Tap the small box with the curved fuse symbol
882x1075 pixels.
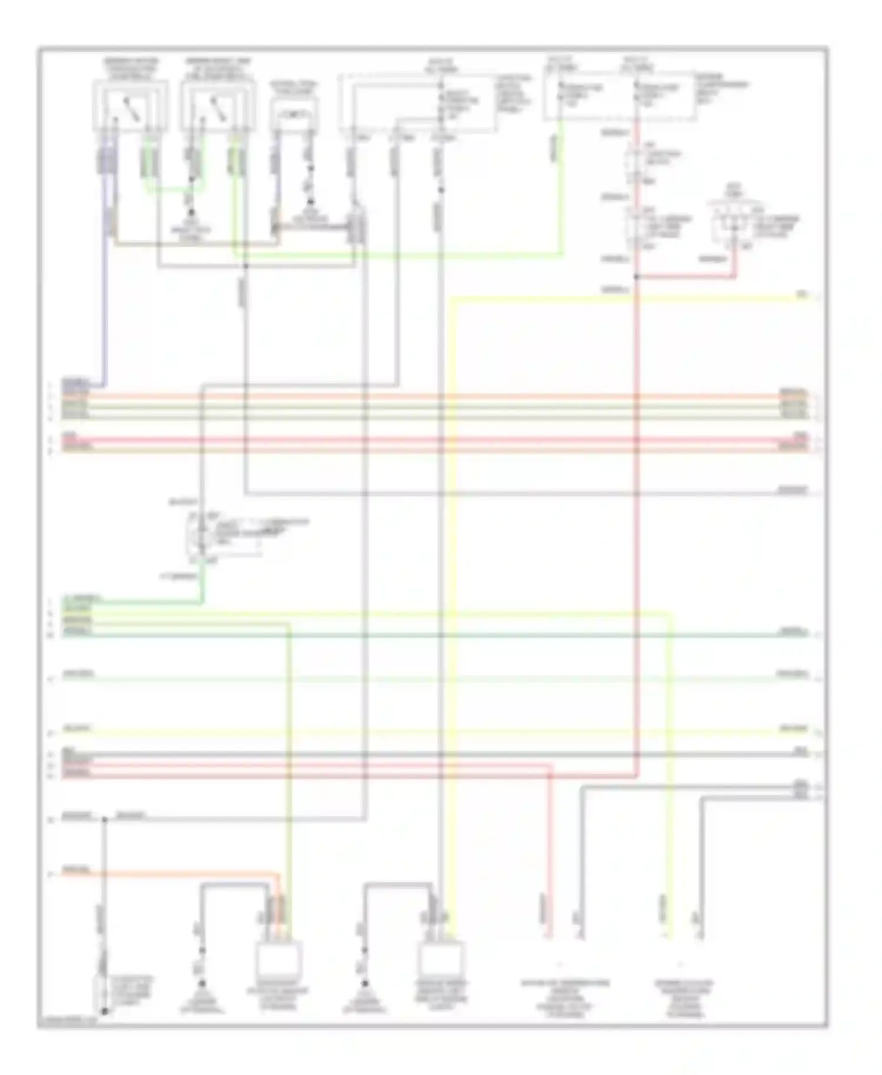pyautogui.click(x=294, y=113)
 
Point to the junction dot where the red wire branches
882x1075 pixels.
pyautogui.click(x=636, y=276)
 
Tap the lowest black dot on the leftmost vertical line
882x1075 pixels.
pyautogui.click(x=105, y=1011)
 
